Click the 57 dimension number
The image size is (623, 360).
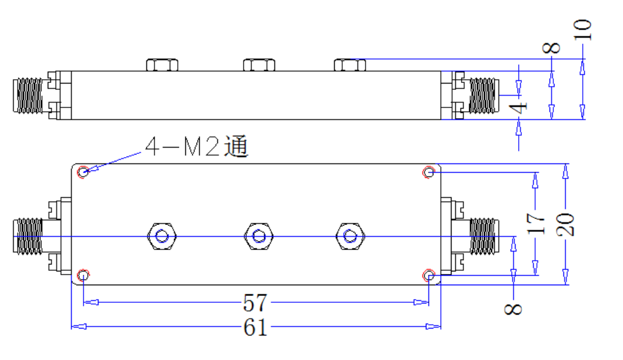tap(255, 303)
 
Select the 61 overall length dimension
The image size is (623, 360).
tap(255, 327)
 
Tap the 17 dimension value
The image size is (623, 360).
tap(536, 223)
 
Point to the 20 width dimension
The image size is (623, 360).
tap(565, 224)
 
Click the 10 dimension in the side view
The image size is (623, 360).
tap(582, 30)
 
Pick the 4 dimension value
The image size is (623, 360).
tap(518, 107)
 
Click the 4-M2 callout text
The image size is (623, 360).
tap(197, 146)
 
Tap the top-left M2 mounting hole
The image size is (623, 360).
tap(83, 172)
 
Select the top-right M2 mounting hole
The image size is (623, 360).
tap(429, 172)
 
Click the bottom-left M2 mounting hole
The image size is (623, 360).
tap(83, 275)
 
